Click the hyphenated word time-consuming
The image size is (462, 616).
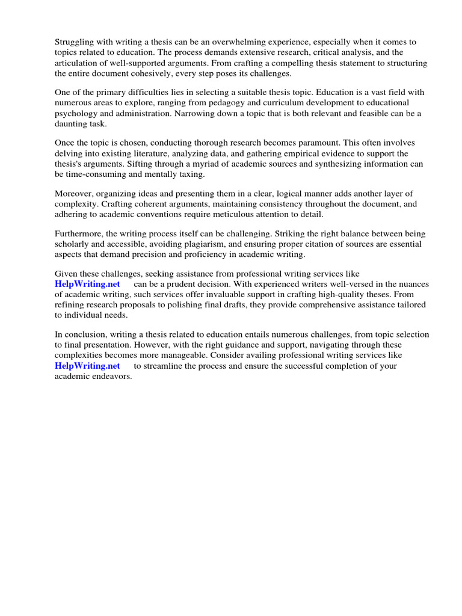[97, 174]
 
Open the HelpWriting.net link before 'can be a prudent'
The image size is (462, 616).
[87, 284]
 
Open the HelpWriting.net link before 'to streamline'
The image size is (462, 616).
[87, 366]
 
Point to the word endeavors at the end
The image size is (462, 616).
[111, 376]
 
